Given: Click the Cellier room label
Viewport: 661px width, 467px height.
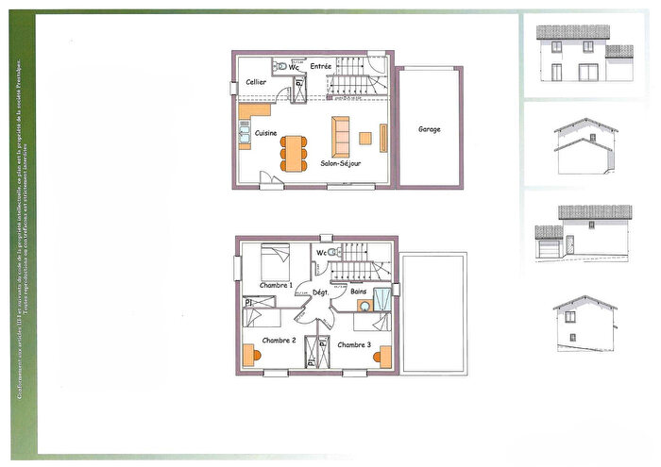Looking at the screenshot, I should click(x=256, y=83).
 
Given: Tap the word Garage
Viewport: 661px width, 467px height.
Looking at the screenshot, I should click(x=429, y=129).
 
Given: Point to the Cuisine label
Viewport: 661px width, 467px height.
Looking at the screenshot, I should click(x=265, y=133).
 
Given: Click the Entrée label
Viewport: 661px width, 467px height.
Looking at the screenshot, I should click(x=321, y=66).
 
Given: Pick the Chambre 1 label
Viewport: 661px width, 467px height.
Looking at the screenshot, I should click(x=276, y=284).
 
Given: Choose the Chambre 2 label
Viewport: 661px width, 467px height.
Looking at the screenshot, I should click(x=280, y=340).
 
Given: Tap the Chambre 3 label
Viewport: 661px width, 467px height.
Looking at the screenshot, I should click(x=354, y=344).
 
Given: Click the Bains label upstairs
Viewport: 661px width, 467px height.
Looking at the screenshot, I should click(x=360, y=292).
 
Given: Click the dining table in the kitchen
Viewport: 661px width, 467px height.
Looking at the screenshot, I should click(x=293, y=152).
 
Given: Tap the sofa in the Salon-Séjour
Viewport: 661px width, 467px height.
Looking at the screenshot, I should click(x=340, y=138).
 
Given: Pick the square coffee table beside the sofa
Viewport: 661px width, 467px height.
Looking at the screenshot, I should click(x=364, y=139).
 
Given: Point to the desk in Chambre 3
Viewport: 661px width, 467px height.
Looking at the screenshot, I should click(x=384, y=355).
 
